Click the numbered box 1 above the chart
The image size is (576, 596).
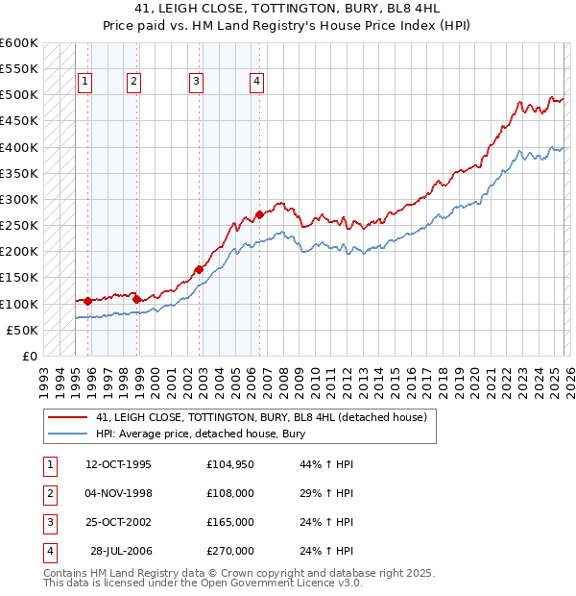(x=85, y=83)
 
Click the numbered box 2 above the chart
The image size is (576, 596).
(x=133, y=83)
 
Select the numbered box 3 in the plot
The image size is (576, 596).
(x=196, y=83)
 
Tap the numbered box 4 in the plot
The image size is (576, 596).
(x=257, y=83)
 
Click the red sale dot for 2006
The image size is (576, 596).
(x=259, y=215)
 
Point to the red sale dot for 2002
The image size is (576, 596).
(x=200, y=270)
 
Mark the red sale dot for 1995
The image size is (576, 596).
(x=87, y=301)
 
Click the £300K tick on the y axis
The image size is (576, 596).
(x=19, y=200)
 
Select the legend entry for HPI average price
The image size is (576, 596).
(x=200, y=435)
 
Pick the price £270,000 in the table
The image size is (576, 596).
(x=230, y=551)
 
